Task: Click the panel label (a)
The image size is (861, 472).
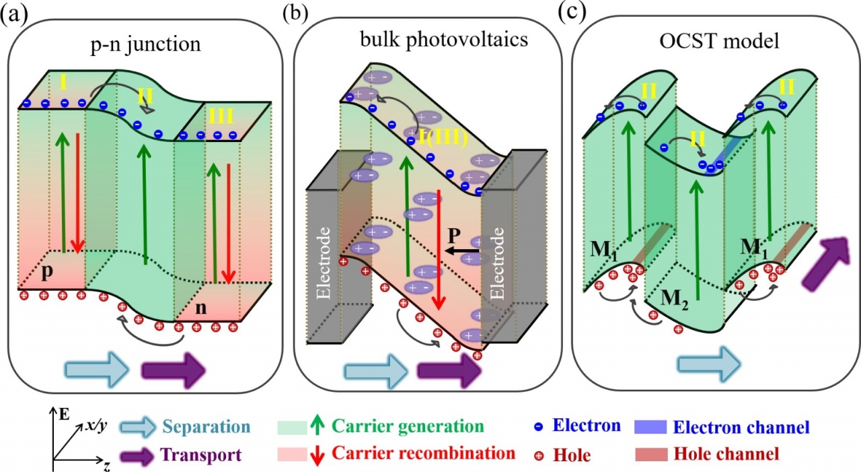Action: click(x=15, y=15)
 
